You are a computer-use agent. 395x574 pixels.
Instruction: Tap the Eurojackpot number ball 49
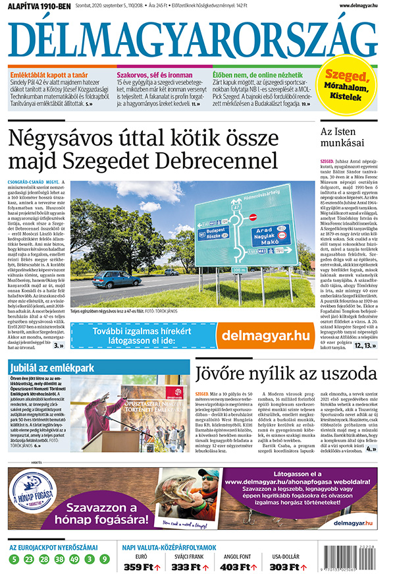(x=74, y=560)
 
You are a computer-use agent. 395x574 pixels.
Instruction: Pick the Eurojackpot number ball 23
(x=29, y=560)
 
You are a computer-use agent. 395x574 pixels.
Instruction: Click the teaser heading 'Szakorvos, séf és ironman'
(x=149, y=74)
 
